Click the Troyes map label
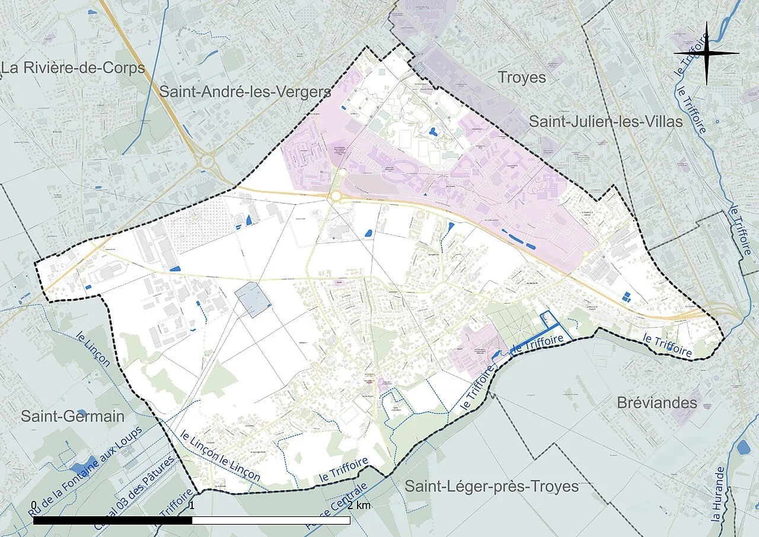(522, 77)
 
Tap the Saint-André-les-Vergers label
(245, 92)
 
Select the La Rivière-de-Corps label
(73, 68)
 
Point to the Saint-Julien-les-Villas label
(605, 122)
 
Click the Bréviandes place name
(656, 403)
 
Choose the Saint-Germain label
(73, 416)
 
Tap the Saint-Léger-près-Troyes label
(492, 487)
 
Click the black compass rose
(706, 53)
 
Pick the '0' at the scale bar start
(33, 505)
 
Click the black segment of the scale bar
(113, 520)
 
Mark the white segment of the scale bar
(271, 520)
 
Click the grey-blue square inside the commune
(253, 300)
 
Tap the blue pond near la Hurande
(743, 446)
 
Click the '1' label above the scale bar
(192, 505)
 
